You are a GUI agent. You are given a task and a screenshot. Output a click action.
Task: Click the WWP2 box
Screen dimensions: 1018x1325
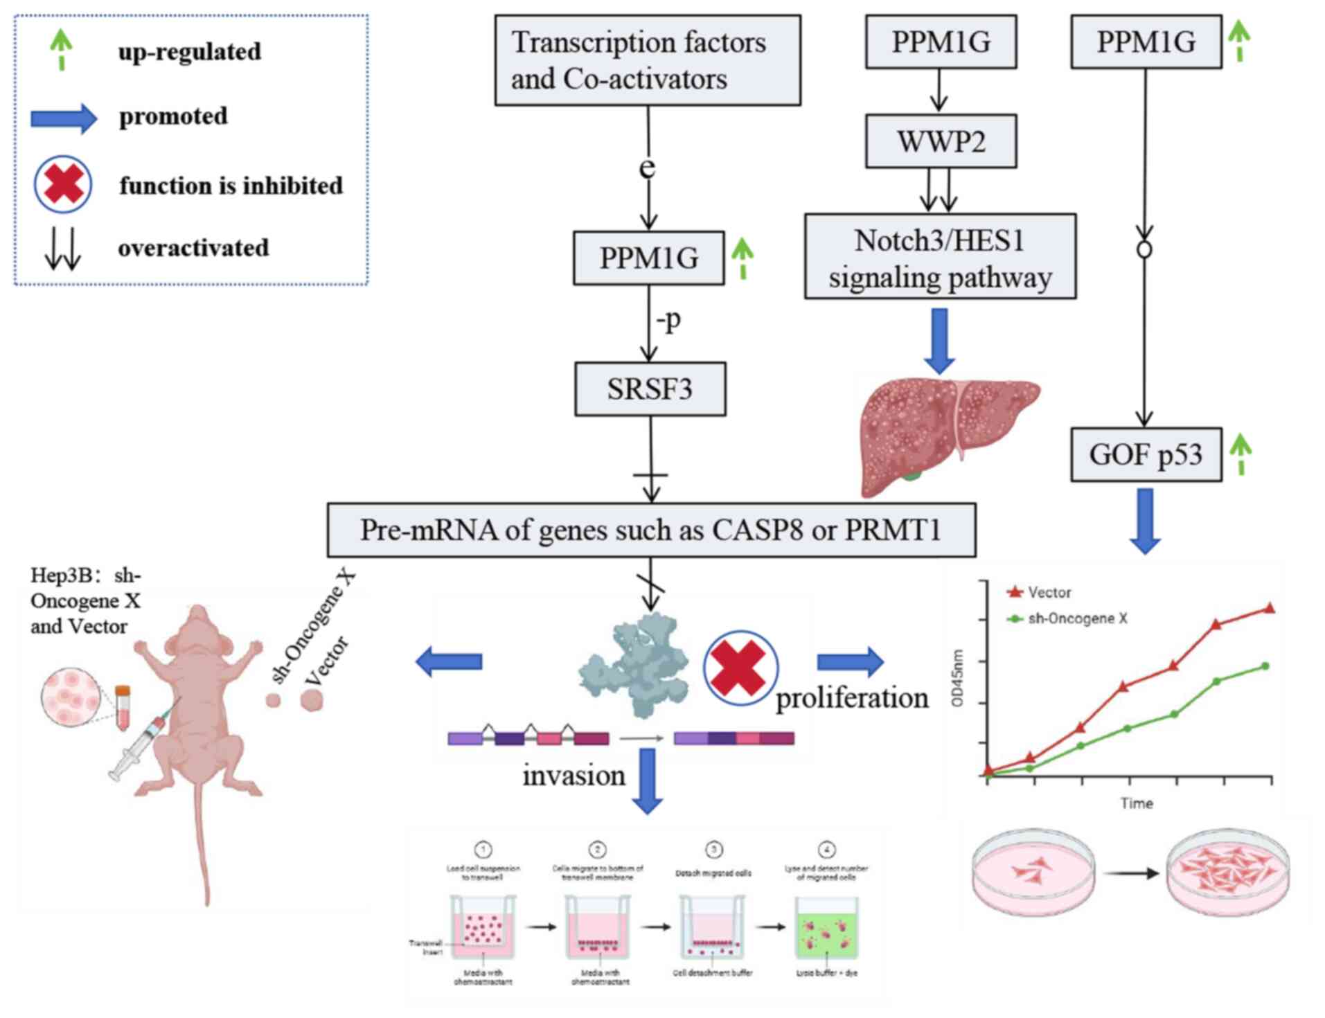coord(941,141)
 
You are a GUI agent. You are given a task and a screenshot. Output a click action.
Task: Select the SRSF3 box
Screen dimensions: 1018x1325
coord(650,389)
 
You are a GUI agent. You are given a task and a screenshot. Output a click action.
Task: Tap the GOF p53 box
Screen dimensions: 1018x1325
coord(1146,454)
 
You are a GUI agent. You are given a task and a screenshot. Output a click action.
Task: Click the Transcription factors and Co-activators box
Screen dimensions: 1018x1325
coord(647,60)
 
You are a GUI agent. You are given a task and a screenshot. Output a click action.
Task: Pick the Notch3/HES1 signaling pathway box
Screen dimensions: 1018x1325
coord(940,258)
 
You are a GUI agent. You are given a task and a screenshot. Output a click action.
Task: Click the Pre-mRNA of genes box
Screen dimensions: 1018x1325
coord(651,530)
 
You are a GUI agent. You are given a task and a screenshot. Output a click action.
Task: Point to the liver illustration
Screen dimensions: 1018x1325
coord(945,433)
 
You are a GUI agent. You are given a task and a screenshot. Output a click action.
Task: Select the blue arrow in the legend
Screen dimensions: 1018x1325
coord(64,118)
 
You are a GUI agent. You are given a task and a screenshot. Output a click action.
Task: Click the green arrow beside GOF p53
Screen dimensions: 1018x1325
coord(1240,454)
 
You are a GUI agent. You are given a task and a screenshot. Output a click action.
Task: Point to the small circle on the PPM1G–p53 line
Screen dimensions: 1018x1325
coord(1145,249)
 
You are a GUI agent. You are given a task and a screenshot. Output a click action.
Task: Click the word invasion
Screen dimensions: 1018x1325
coord(573,776)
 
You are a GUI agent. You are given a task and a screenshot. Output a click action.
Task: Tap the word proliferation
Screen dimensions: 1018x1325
coord(852,698)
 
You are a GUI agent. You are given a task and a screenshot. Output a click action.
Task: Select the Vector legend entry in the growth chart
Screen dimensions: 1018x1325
coord(1039,592)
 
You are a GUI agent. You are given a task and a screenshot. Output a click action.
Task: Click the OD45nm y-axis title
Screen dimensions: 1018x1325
coord(958,678)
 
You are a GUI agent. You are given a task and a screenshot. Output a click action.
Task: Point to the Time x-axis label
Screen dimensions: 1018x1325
coord(1137,803)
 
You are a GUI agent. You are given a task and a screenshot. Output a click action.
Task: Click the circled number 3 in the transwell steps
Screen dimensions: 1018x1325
coord(713,849)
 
